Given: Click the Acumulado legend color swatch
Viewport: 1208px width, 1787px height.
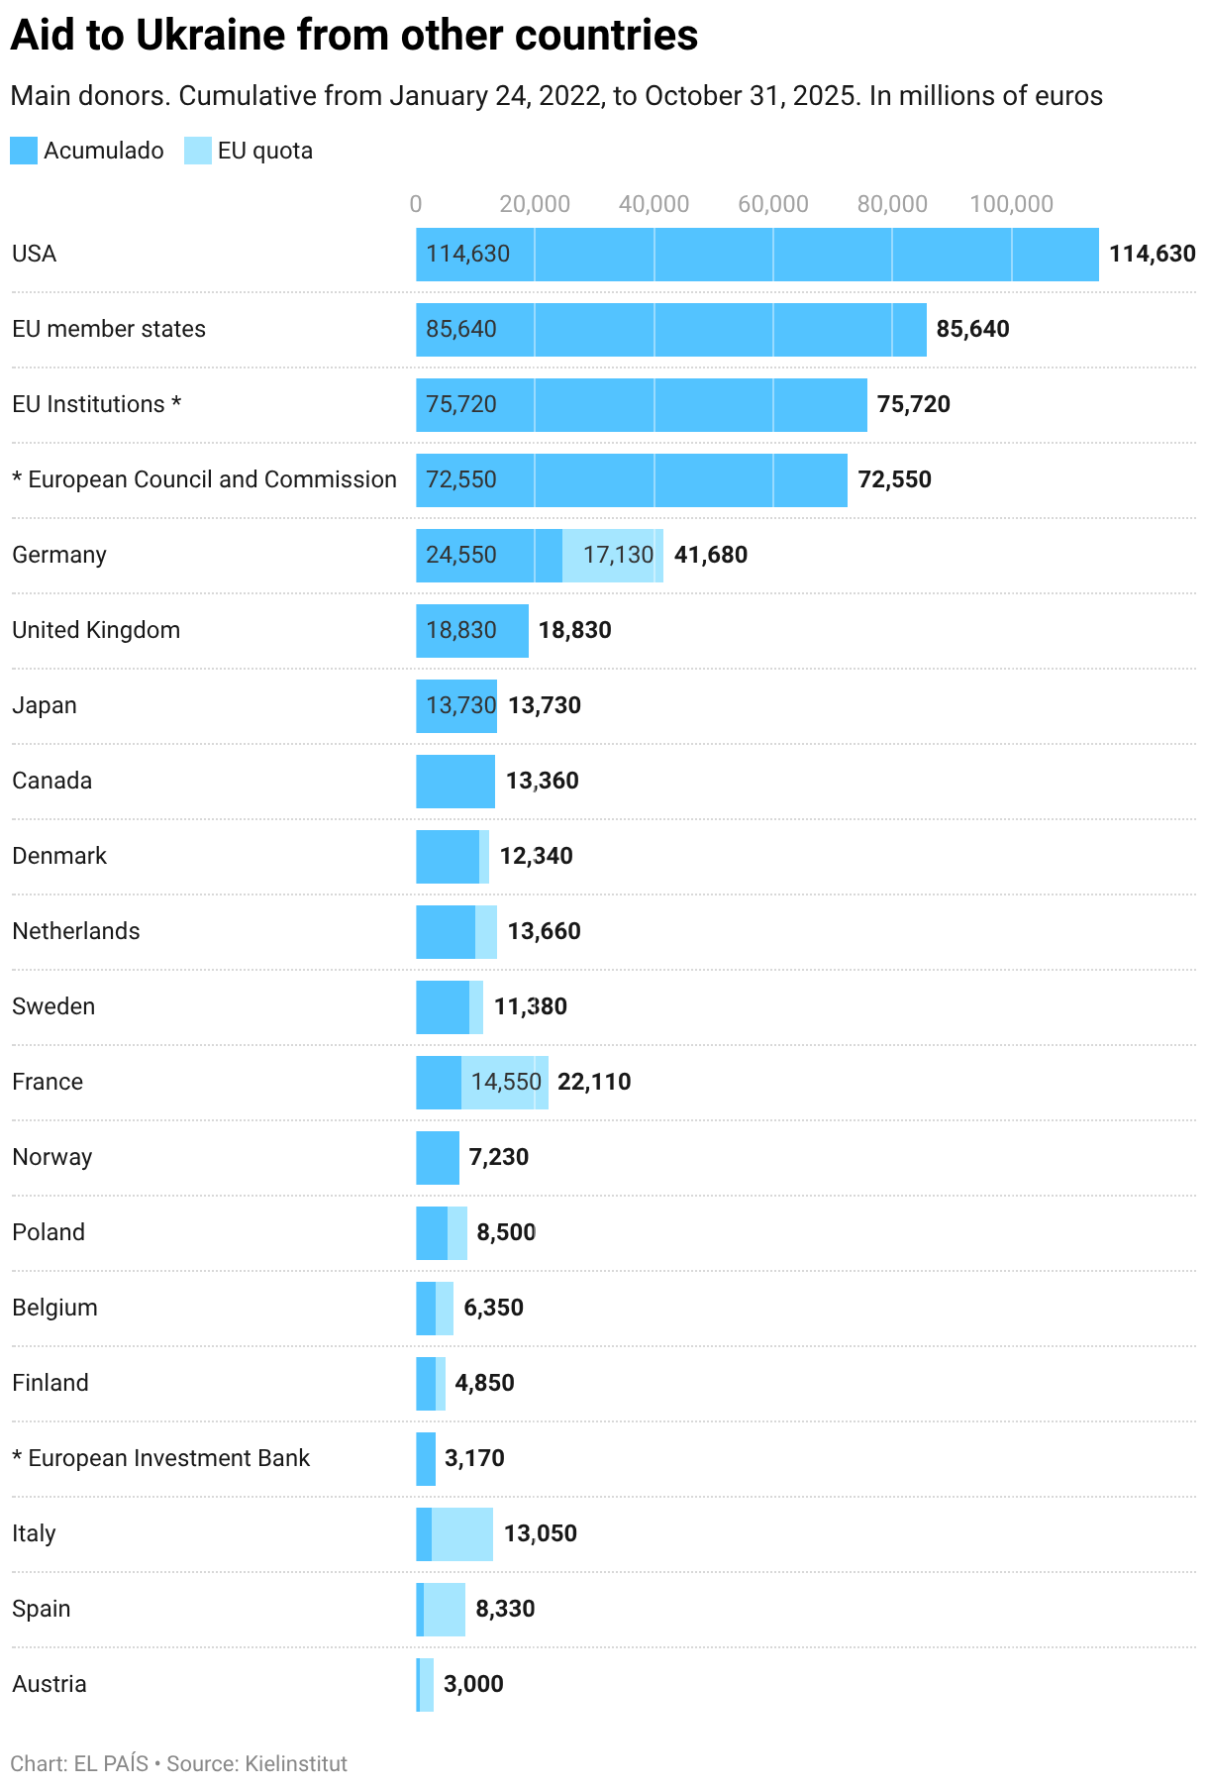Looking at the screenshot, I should (x=24, y=151).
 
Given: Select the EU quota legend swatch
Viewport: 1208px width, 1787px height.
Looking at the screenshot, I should (x=198, y=151).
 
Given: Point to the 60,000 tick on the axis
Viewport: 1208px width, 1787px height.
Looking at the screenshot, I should (x=773, y=204).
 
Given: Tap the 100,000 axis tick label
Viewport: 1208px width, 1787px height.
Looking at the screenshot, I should (x=1011, y=204).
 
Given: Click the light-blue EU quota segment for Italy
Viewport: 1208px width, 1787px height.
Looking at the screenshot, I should (x=462, y=1534).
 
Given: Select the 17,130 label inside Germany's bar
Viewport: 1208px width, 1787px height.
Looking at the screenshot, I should (x=618, y=555).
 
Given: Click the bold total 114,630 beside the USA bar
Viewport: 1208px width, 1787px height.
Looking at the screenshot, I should (x=1152, y=254).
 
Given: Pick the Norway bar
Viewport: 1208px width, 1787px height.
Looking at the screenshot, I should (x=438, y=1158).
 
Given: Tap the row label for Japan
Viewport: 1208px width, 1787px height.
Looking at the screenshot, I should (x=45, y=705).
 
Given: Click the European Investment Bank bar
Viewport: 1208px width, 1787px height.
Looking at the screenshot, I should (x=426, y=1459).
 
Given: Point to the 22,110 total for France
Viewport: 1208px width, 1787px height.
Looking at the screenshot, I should (x=594, y=1082).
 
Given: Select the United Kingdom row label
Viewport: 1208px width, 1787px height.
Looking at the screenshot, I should (x=96, y=630).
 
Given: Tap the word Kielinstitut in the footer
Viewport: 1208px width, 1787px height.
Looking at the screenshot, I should (x=296, y=1764).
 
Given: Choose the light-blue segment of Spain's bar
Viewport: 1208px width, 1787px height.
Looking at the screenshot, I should (x=445, y=1610).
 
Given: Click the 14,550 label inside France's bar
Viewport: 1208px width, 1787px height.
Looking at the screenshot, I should (x=506, y=1082).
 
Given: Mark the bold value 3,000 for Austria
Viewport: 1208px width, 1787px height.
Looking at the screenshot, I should (x=473, y=1684).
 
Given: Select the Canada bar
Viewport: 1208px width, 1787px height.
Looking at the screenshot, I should (x=455, y=782).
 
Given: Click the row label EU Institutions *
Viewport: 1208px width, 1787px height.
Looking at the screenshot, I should (x=96, y=404).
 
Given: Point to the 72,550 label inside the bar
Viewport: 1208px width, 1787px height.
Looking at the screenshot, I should (x=461, y=479).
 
